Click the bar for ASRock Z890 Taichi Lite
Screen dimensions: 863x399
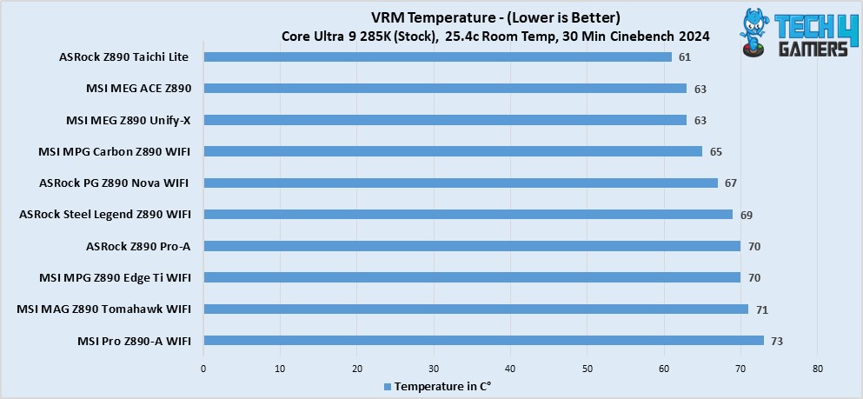tap(437, 57)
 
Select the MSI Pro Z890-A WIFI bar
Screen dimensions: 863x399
tap(484, 341)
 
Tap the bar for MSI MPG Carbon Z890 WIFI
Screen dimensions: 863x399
tap(453, 151)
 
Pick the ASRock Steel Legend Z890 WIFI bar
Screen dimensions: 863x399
tap(468, 215)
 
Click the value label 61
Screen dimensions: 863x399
tap(685, 57)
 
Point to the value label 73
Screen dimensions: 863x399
tap(777, 342)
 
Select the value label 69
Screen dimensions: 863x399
tap(747, 216)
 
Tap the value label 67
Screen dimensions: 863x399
tap(731, 183)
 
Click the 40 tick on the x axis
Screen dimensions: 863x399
tap(511, 369)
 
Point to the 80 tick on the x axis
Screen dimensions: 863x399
tap(817, 369)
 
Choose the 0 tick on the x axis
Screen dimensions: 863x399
tap(203, 369)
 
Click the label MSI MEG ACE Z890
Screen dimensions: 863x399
tap(139, 88)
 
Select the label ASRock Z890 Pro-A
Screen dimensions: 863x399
tap(138, 246)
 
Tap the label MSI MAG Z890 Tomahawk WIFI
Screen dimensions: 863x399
tap(104, 309)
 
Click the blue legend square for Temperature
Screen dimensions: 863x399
tap(388, 386)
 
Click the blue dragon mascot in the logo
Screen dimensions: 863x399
tap(752, 30)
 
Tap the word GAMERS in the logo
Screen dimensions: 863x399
tap(813, 48)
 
